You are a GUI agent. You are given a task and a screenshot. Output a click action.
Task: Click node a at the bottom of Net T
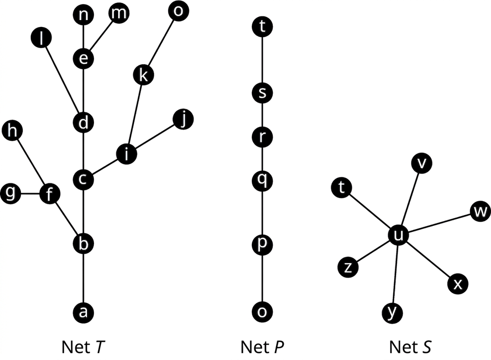(x=83, y=312)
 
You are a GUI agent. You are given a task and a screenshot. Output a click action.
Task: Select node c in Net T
(x=83, y=179)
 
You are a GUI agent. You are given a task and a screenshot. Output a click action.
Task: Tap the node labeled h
(x=12, y=131)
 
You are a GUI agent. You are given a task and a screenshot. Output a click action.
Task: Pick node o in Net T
(x=178, y=11)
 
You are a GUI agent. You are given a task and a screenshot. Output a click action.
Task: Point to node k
(x=143, y=75)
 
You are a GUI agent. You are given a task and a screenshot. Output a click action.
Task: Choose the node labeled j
(x=183, y=119)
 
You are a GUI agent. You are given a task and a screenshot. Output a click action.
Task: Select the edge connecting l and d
(x=63, y=80)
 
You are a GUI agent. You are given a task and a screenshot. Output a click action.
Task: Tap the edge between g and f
(x=30, y=194)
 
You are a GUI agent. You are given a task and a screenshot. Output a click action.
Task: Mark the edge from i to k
(x=135, y=115)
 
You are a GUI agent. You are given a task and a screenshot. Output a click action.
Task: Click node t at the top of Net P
(x=262, y=27)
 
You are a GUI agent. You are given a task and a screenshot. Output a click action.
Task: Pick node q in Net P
(x=262, y=180)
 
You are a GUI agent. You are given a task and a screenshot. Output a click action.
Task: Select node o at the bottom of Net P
(x=262, y=312)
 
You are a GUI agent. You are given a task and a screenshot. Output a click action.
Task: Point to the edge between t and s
(x=262, y=60)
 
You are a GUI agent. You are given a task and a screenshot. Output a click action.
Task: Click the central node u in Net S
(x=398, y=235)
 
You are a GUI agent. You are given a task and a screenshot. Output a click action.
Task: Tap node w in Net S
(x=480, y=211)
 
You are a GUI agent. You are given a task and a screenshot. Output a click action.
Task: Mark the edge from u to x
(x=428, y=260)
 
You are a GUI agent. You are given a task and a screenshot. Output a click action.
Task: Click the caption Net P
(x=262, y=347)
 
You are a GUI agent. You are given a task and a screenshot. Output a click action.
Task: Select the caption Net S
(x=410, y=347)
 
